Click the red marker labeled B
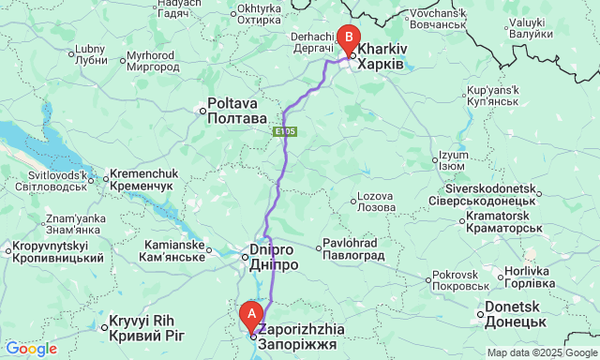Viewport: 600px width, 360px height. [349, 37]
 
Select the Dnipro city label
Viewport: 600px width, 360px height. [274, 258]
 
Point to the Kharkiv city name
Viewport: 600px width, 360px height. [382, 54]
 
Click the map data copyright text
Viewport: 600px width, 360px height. [541, 352]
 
